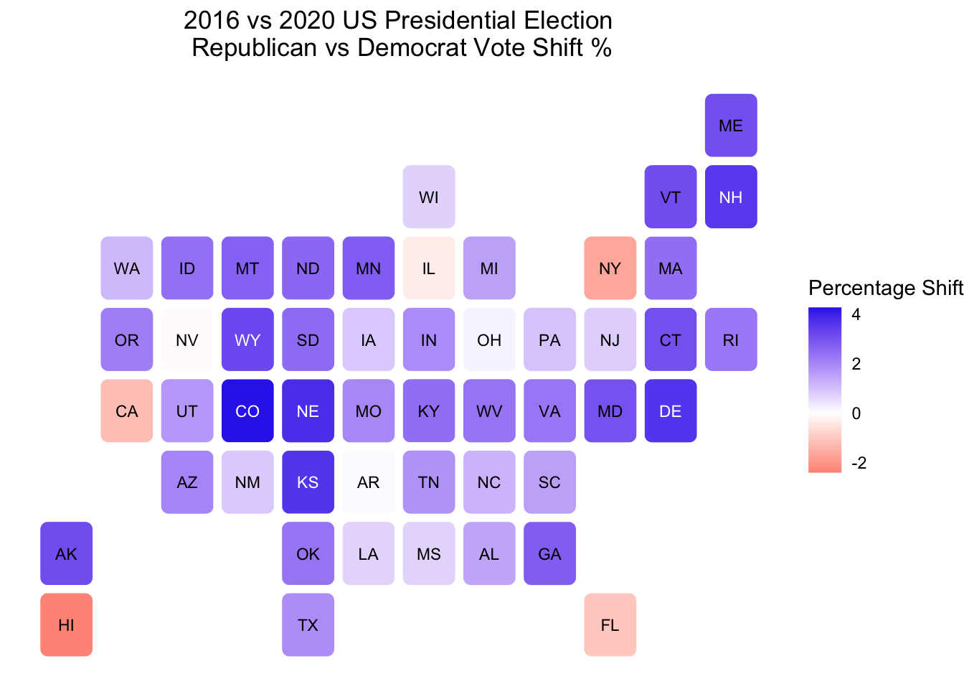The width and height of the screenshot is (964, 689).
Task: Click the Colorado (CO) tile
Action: (x=247, y=411)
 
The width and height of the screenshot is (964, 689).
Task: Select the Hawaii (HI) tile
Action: (x=66, y=624)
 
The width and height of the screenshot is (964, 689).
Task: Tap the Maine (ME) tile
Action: (x=731, y=125)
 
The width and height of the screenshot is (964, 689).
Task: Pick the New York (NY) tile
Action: (x=610, y=268)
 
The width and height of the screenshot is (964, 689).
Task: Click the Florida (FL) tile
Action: (x=610, y=624)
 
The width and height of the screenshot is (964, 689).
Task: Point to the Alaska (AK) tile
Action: (x=66, y=553)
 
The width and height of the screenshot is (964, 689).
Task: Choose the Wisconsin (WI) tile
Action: (x=429, y=197)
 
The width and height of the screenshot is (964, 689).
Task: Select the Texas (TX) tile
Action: (x=308, y=624)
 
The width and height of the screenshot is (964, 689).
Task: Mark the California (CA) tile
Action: (x=127, y=411)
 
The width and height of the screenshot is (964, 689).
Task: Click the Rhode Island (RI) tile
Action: (x=731, y=339)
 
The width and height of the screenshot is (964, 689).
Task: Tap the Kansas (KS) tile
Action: (x=308, y=482)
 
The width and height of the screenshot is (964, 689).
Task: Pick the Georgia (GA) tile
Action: (x=549, y=553)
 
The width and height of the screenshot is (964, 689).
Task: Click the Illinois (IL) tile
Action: (x=429, y=268)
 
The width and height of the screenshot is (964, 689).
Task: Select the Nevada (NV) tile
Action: (x=187, y=339)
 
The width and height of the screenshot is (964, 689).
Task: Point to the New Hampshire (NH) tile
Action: (x=731, y=197)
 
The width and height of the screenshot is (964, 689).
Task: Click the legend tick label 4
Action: (x=856, y=314)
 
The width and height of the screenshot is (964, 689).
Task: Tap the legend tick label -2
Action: (x=859, y=463)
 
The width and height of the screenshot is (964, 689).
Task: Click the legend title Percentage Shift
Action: (x=885, y=288)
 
